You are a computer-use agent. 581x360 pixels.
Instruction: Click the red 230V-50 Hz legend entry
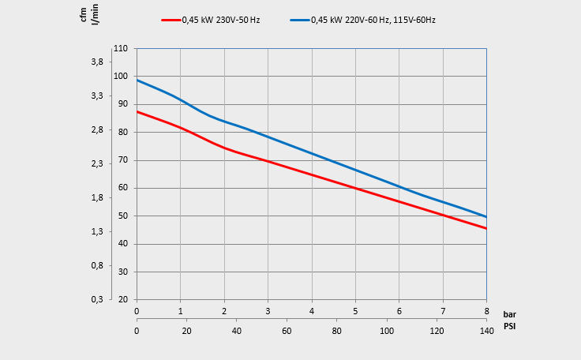click(x=211, y=20)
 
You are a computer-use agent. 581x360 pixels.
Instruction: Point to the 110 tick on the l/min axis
click(x=121, y=49)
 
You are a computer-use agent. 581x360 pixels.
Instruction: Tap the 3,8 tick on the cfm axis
click(x=96, y=62)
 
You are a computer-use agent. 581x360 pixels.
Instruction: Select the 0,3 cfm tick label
click(x=96, y=299)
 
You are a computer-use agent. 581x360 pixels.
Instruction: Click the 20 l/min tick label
click(x=122, y=299)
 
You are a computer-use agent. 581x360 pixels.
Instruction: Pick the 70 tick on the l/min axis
click(x=122, y=160)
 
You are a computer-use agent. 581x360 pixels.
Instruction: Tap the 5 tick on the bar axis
click(x=355, y=311)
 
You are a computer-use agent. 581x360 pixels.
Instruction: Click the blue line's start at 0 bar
click(x=137, y=80)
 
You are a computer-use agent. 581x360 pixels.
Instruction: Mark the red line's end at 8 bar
click(x=486, y=228)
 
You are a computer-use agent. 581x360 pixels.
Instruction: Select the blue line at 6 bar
click(x=399, y=187)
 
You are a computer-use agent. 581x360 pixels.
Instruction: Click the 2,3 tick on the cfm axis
click(x=96, y=163)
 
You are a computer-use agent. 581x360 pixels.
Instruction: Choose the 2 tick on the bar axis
click(x=224, y=311)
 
